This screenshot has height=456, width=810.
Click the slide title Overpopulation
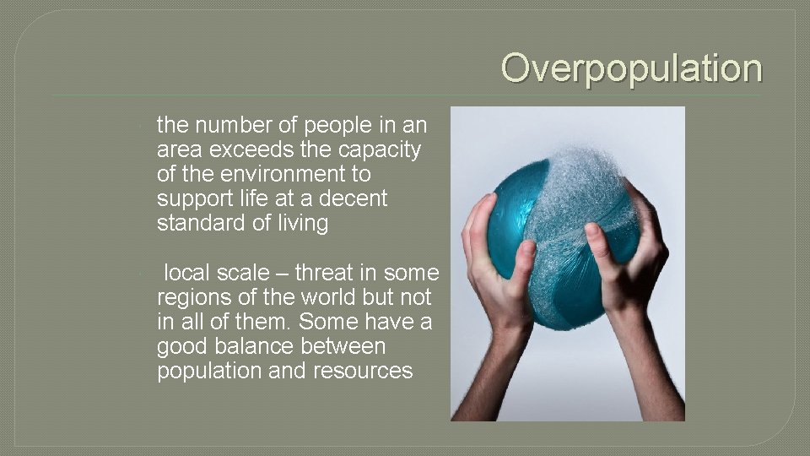(631, 68)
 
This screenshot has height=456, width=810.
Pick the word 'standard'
(197, 224)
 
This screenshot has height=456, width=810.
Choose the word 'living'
(300, 224)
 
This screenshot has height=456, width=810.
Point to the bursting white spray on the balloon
(582, 186)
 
